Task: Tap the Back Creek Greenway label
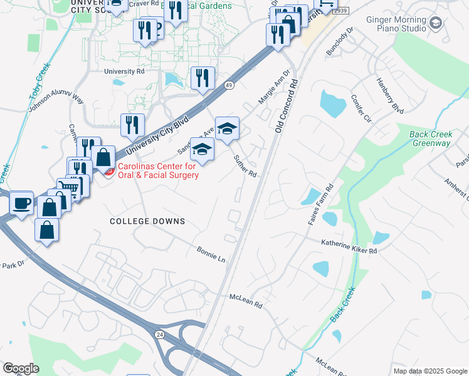tap(430, 138)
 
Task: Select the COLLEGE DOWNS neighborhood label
tap(147, 221)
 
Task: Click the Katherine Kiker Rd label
tap(349, 246)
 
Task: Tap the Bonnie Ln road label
tap(211, 253)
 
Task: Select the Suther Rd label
tap(245, 165)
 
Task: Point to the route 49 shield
tap(230, 86)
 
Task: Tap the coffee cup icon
tap(21, 202)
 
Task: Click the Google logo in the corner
tap(21, 368)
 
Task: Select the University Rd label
tap(125, 71)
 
